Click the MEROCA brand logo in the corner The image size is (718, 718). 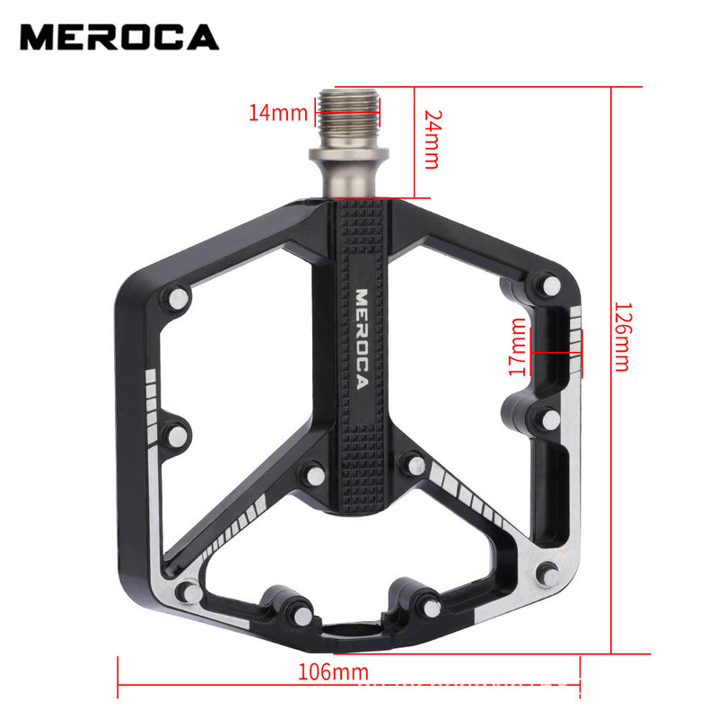coord(119,37)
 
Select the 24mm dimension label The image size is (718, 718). coord(432,139)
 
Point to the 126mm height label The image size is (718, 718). coord(619,336)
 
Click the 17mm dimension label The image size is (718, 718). coord(517,347)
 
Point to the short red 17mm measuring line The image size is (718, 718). coord(556,353)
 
